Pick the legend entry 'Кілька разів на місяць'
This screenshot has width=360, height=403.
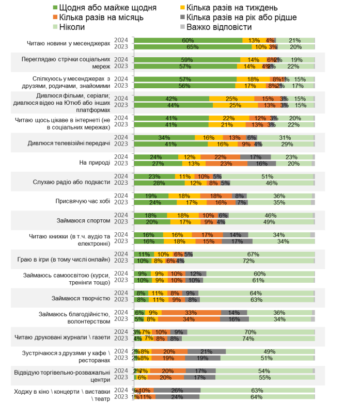coord(97,17)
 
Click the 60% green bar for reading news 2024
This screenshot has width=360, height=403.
coord(188,40)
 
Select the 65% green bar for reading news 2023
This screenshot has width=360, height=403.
coord(193,46)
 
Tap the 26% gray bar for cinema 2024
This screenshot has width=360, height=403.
coord(177,390)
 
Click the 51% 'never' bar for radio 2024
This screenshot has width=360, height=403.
coord(267,176)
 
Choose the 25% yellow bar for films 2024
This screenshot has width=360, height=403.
coord(231,99)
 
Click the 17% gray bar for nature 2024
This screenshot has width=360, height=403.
coord(256,157)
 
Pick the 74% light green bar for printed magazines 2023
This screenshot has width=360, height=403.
coord(248,338)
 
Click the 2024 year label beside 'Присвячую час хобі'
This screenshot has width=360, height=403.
coord(121,196)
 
